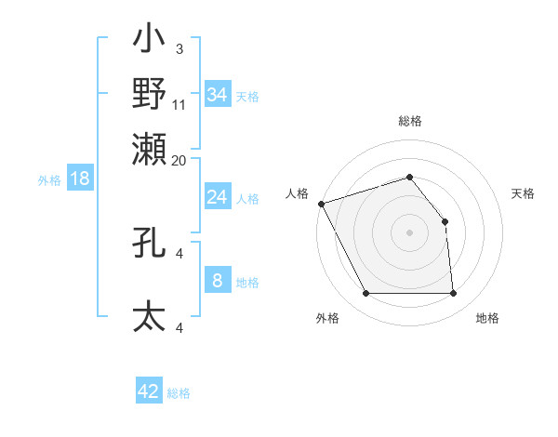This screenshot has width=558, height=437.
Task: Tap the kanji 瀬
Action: click(149, 149)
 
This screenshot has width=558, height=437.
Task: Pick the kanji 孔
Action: click(149, 243)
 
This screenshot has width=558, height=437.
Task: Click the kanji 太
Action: click(149, 316)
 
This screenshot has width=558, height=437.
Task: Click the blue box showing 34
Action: click(217, 95)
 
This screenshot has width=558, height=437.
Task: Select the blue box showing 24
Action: click(217, 197)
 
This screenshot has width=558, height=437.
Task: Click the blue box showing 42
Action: click(149, 391)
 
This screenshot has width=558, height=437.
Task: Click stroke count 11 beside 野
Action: click(179, 104)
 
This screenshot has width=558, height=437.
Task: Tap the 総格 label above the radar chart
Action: click(410, 121)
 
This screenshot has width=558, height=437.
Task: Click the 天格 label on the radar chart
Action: click(523, 193)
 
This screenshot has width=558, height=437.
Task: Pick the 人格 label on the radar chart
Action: click(297, 193)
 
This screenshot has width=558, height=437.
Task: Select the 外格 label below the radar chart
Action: click(327, 318)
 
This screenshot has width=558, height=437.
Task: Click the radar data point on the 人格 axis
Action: click(321, 204)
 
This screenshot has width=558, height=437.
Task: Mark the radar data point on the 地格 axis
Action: click(453, 294)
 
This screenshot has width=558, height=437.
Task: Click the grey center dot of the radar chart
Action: click(410, 232)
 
